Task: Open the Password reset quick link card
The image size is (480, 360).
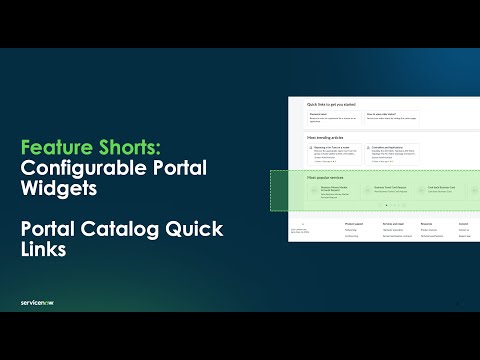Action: click(x=334, y=117)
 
